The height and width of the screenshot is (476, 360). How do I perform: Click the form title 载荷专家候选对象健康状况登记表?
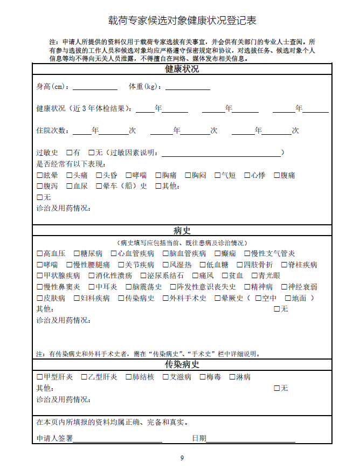click(x=182, y=20)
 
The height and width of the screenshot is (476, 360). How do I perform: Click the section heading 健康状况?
click(x=182, y=70)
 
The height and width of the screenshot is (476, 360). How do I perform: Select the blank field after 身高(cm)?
click(x=95, y=86)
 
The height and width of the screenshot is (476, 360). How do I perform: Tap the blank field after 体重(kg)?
click(x=188, y=86)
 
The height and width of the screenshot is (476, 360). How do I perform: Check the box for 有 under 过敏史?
click(x=70, y=153)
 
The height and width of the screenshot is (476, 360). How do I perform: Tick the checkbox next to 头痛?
click(x=70, y=175)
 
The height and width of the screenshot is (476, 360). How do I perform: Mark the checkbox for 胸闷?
click(x=188, y=175)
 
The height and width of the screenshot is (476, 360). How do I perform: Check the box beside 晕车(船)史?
click(x=99, y=187)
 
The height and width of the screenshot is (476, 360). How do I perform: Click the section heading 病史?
click(x=182, y=231)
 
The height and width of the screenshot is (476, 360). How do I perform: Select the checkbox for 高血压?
click(x=40, y=253)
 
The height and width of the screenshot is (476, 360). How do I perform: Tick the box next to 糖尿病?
click(x=77, y=253)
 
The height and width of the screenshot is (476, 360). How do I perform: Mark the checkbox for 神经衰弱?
click(x=285, y=287)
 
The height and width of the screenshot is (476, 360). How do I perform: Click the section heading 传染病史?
click(x=182, y=364)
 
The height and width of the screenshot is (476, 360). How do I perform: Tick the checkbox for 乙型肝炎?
click(x=85, y=377)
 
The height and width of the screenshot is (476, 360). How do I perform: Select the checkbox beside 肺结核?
click(x=129, y=377)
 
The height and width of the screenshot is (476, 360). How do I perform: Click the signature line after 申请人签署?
click(x=117, y=439)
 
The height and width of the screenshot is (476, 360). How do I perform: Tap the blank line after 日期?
click(x=251, y=439)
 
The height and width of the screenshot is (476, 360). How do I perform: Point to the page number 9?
click(x=182, y=458)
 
